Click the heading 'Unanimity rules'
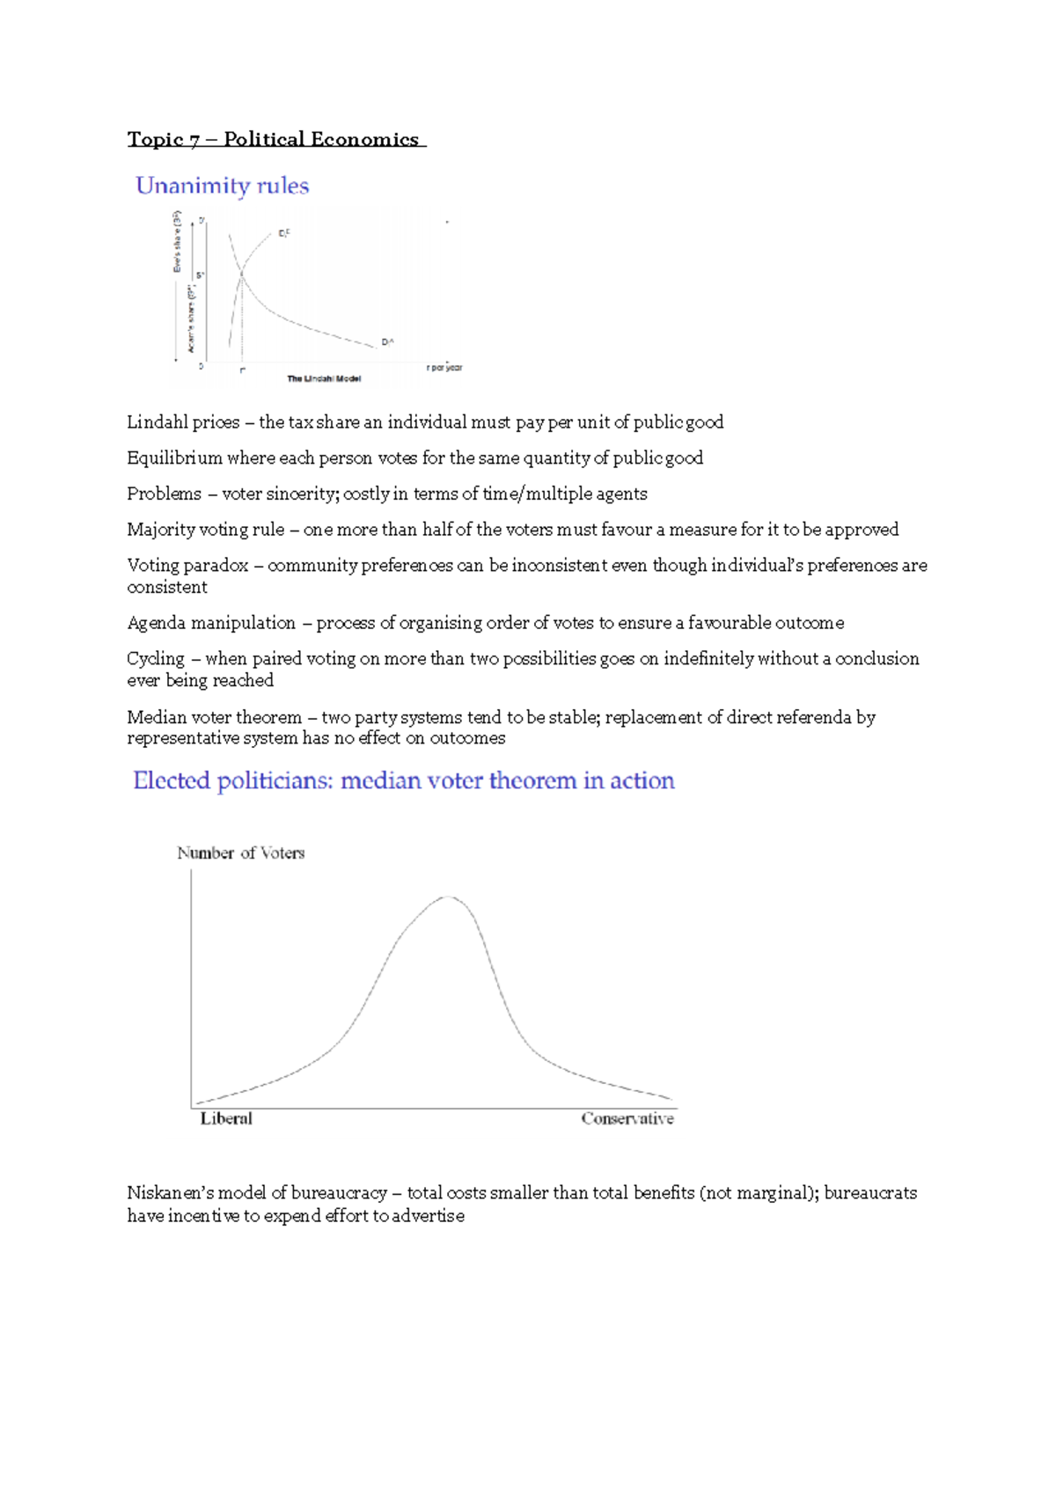coord(222,186)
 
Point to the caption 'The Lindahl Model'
coord(324,379)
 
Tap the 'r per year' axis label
coord(444,368)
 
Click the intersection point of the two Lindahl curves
coord(242,275)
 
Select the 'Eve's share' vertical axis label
coord(177,241)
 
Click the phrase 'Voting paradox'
coord(187,566)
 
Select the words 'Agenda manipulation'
coord(211,623)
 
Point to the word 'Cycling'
coord(156,659)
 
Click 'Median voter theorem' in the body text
coord(214,718)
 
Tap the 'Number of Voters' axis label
coord(240,853)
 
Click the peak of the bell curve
coord(448,897)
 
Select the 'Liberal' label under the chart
coord(226,1119)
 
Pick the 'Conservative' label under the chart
coord(627,1119)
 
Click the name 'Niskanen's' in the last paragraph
coord(170,1194)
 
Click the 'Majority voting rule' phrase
coord(205,530)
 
